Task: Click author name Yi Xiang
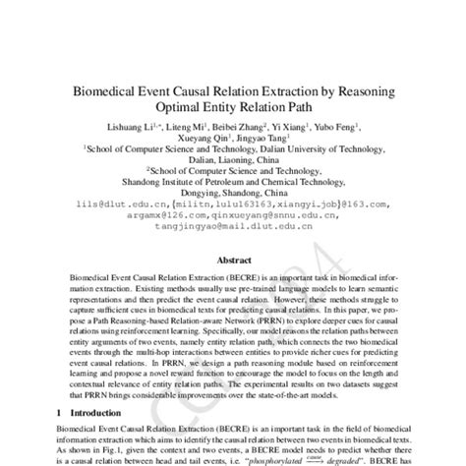coord(275,129)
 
